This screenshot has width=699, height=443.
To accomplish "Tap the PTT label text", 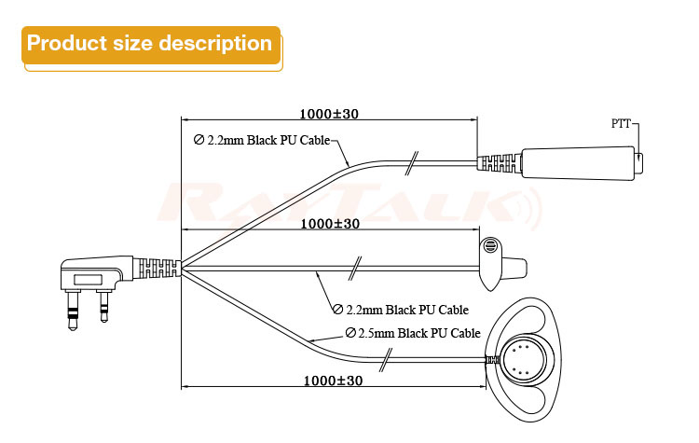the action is (621, 124).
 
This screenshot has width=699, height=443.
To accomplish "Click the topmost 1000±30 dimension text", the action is (329, 114).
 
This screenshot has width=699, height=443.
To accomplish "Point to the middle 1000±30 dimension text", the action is (330, 224).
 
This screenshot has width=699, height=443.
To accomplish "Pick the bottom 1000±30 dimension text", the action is (333, 381).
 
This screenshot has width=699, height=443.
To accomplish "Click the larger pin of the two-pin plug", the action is (73, 310).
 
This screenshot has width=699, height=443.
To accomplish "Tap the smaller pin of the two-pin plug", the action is (103, 306).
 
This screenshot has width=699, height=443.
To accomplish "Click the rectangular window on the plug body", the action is (88, 280).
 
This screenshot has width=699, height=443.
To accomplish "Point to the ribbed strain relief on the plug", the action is (158, 268).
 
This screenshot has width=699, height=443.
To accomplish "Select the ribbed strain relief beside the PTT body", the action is (500, 163).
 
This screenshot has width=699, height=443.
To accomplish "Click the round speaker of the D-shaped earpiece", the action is (524, 361).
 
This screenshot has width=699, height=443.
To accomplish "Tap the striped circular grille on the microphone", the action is (490, 246).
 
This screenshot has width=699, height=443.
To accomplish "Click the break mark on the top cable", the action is (411, 163).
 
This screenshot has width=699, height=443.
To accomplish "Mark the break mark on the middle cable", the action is (354, 269).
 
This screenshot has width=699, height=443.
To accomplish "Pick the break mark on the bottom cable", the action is (386, 360).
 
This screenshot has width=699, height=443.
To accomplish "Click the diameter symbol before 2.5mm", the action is (350, 333).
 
